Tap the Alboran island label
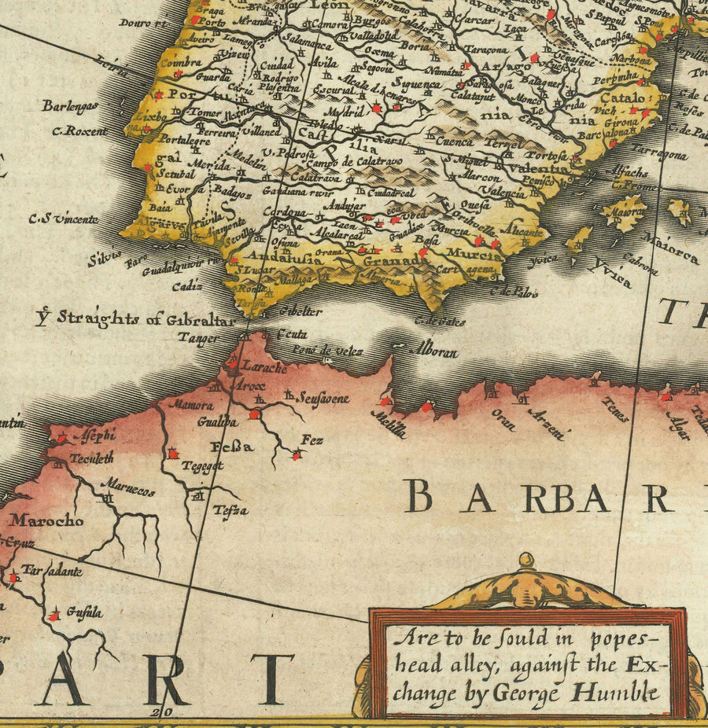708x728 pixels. (437, 352)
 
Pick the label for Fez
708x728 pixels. (312, 441)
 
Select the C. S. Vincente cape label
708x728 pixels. (63, 219)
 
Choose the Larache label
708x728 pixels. (264, 367)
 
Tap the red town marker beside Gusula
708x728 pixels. (53, 616)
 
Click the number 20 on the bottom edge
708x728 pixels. (164, 712)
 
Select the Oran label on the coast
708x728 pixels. (503, 419)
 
